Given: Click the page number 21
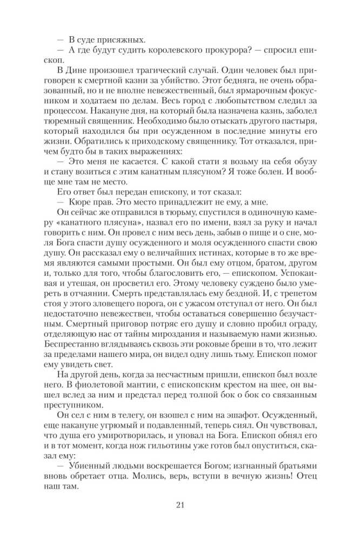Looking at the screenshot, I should pyautogui.click(x=180, y=505).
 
